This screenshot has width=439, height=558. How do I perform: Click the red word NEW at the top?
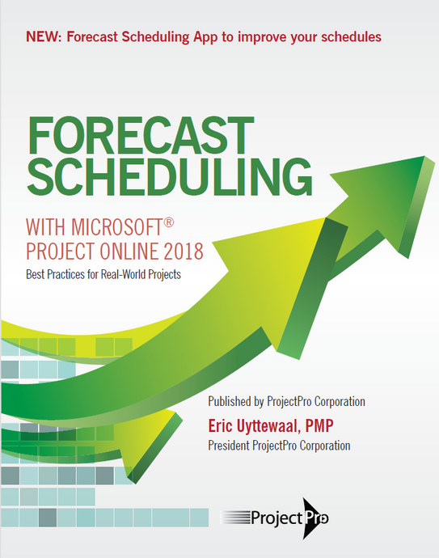(x=42, y=36)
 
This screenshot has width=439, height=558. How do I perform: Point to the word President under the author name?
(x=233, y=445)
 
